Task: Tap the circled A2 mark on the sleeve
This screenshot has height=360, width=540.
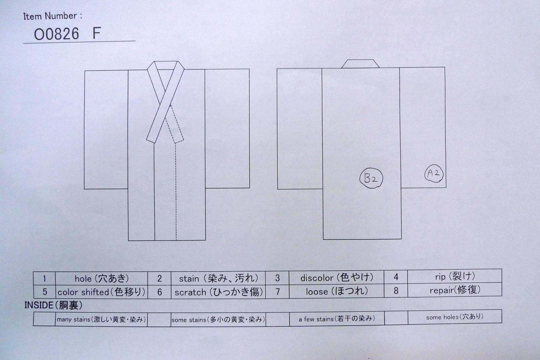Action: tap(434, 173)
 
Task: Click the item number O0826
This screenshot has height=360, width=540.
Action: tap(56, 34)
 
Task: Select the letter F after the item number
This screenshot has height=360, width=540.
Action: tap(97, 33)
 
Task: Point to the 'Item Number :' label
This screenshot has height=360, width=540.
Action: tap(53, 16)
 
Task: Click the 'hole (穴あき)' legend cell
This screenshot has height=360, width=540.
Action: tap(102, 278)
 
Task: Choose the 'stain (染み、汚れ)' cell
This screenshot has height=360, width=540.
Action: tap(218, 278)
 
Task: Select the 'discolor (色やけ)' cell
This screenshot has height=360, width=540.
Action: tap(336, 278)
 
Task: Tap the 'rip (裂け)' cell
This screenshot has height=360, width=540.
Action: tap(455, 276)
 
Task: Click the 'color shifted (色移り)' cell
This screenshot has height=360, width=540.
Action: tap(102, 292)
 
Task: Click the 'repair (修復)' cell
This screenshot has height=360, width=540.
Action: tap(455, 290)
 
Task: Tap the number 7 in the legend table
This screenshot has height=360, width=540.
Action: tap(277, 292)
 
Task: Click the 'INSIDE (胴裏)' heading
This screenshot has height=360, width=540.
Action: tap(53, 306)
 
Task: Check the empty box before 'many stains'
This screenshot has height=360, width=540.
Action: tap(44, 319)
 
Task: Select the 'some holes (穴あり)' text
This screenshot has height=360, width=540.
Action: tap(455, 317)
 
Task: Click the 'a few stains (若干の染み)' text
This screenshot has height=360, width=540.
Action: tap(337, 319)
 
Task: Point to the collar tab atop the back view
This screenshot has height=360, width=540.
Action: tap(360, 64)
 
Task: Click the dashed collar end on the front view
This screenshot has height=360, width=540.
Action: tap(175, 124)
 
